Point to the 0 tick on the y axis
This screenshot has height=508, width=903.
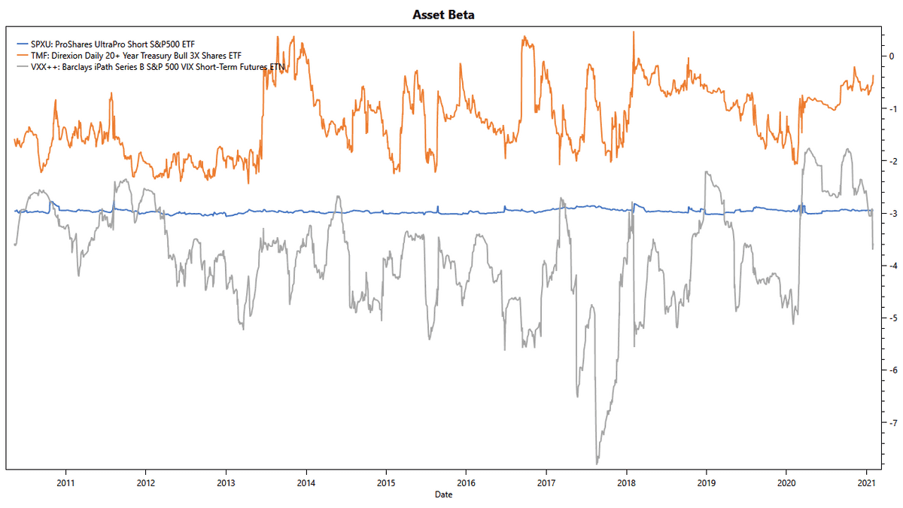(892, 56)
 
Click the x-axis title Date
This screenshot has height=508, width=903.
(443, 494)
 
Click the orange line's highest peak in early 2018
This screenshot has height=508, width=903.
(634, 32)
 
